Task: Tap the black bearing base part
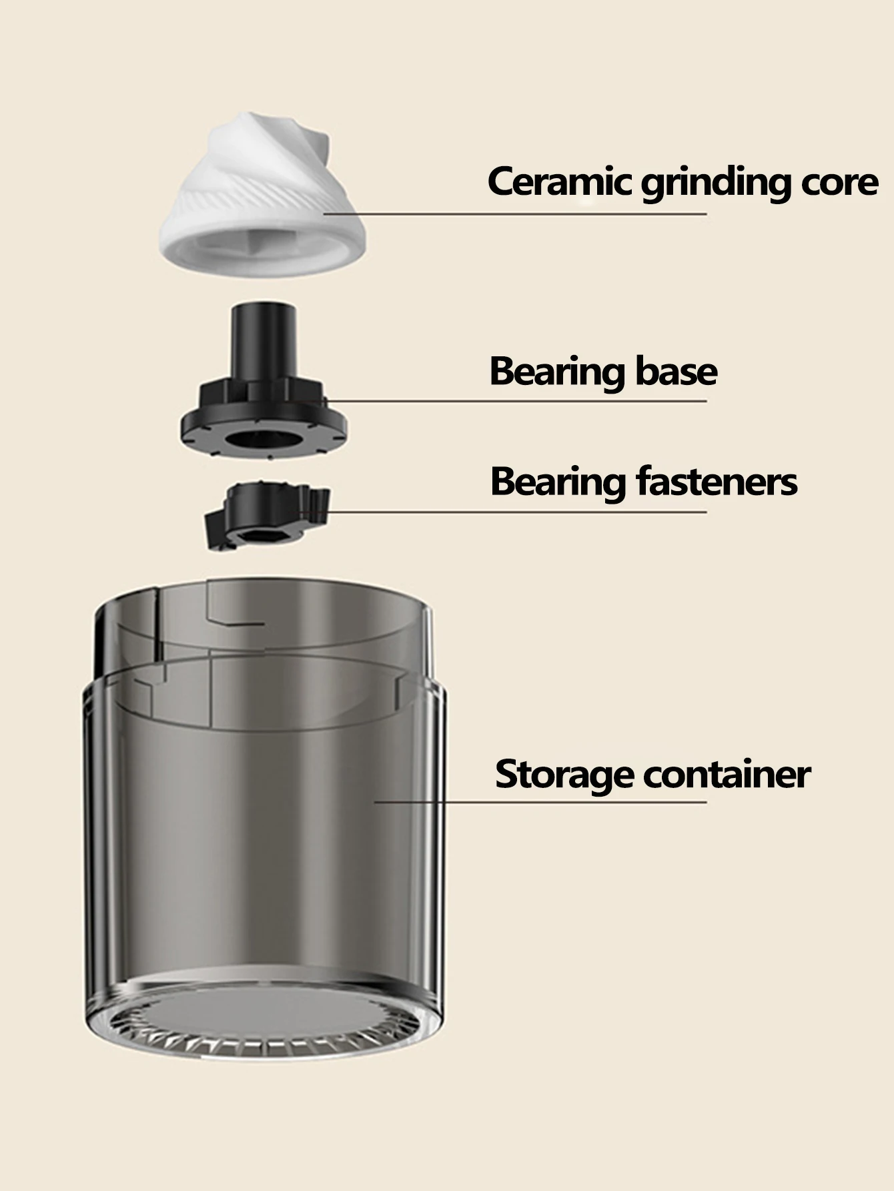point(264,384)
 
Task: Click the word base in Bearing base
point(676,370)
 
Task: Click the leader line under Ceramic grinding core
point(514,214)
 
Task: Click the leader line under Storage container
point(540,802)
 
